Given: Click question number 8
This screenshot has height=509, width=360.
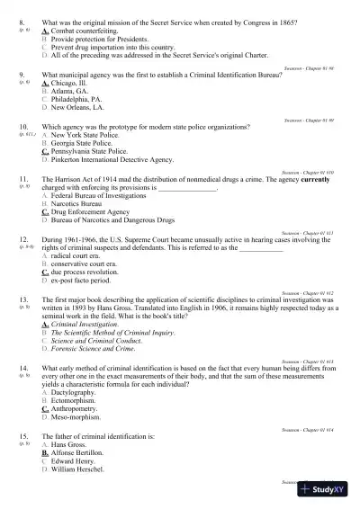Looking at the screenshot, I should click(x=22, y=19).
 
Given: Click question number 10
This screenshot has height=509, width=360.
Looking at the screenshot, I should click(x=24, y=127).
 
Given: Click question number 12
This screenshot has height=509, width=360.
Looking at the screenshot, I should click(x=24, y=239).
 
